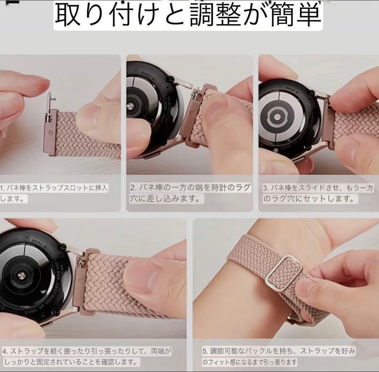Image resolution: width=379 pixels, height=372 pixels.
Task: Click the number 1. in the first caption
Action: pos(2,188)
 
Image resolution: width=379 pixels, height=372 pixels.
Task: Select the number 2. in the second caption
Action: pos(134,188)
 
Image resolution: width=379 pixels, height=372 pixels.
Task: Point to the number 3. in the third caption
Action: pos(266,188)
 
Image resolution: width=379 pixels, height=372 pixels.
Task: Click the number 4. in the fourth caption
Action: pos(6,351)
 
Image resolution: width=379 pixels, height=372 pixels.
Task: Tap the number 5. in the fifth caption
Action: pos(205,351)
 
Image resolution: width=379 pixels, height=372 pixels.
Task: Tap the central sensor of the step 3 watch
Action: pos(277,117)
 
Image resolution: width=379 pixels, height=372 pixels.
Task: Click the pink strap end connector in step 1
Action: pos(50,132)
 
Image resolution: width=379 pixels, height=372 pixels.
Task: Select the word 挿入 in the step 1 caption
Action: pos(101,188)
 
